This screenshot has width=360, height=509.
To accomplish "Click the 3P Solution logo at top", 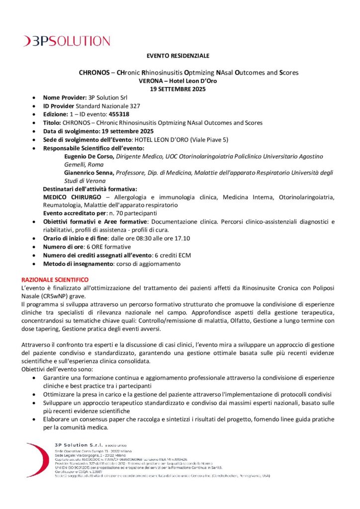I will tap(67, 41).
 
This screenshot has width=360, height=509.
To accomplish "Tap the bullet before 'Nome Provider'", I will tap(33, 98).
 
